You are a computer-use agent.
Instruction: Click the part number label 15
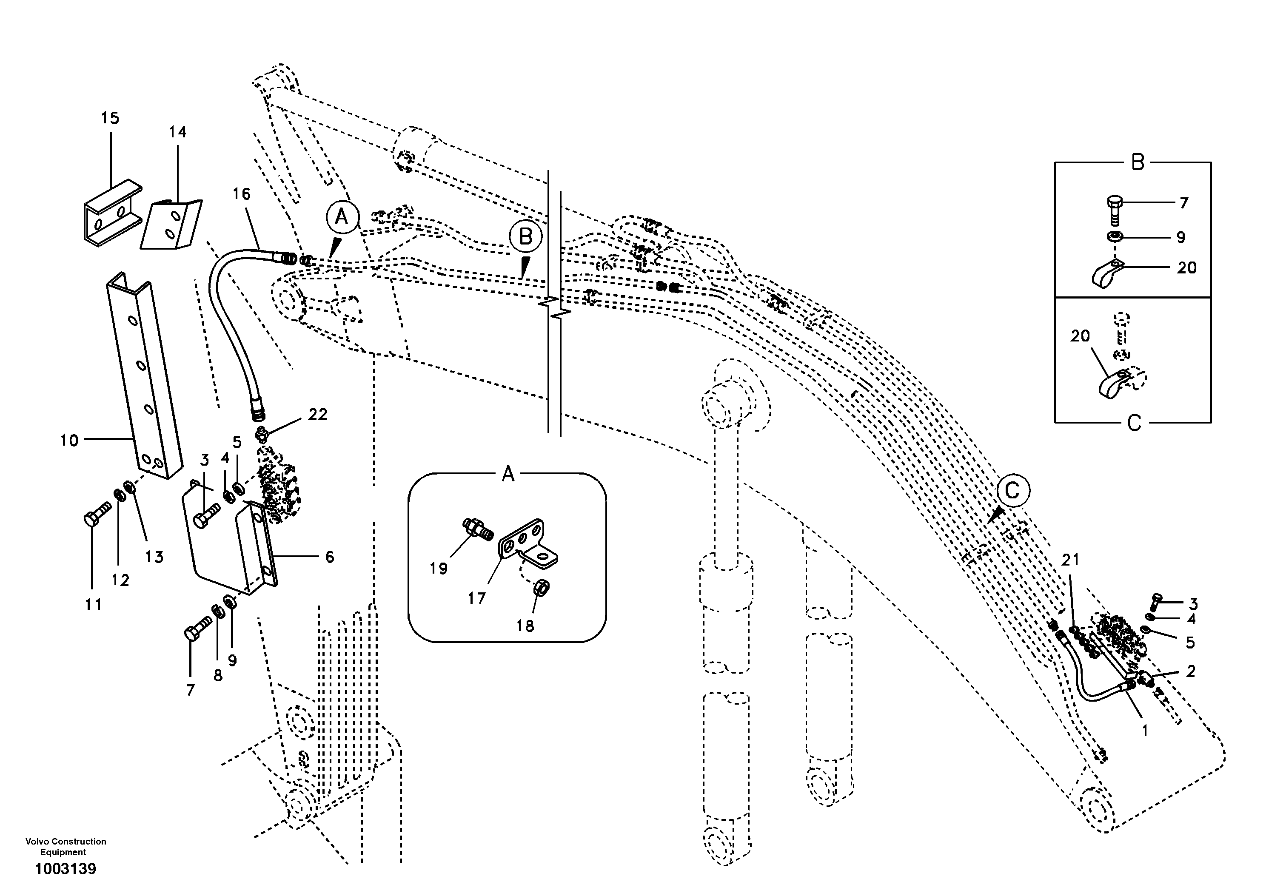tap(110, 118)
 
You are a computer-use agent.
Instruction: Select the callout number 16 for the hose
tap(242, 194)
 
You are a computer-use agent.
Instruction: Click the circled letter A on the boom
tap(342, 217)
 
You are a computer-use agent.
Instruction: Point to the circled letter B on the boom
tap(525, 236)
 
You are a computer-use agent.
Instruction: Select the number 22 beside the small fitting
tap(318, 414)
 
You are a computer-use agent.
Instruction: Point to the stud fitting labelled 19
tap(477, 528)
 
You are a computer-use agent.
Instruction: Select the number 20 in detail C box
tap(1080, 336)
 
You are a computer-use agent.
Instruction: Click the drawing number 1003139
tap(66, 869)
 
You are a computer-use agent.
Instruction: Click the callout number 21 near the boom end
tap(1070, 560)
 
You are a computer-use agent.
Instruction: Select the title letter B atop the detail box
tap(1138, 162)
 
